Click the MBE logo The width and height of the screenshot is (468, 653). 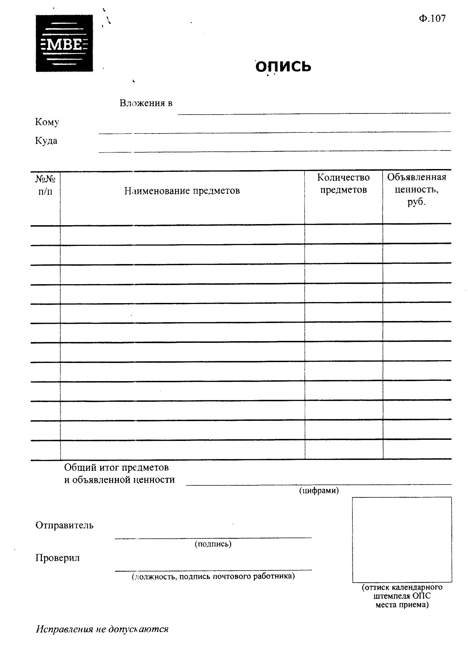tap(64, 43)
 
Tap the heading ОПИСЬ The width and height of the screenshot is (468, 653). tap(283, 67)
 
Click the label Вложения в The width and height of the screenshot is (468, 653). tap(146, 103)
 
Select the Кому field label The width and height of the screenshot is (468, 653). tap(47, 122)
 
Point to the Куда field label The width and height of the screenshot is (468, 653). tap(46, 141)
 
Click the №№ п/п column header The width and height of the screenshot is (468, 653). tap(45, 185)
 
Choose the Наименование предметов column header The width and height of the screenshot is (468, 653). tap(182, 191)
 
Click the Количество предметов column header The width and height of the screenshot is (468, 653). tap(343, 183)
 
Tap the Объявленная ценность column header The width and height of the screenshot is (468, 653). tap(416, 183)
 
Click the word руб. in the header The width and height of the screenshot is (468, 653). tap(416, 202)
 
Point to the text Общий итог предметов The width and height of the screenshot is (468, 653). tap(116, 467)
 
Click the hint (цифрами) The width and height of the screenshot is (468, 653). tap(319, 490)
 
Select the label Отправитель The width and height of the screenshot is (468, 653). tap(64, 525)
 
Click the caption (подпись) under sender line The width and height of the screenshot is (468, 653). tap(213, 544)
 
